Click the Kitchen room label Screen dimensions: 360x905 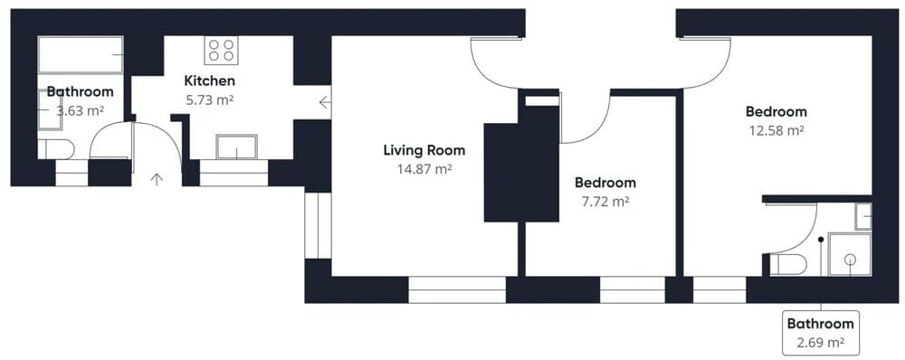point(209,81)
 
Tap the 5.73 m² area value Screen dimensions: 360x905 point(209,100)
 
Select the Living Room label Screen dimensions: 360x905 point(424,150)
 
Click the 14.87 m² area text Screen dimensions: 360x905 point(424,168)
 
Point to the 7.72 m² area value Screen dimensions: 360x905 point(604,202)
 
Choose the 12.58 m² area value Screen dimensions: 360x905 point(776,130)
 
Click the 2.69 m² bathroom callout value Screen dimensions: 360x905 point(820,343)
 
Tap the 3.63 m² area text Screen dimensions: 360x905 point(80,110)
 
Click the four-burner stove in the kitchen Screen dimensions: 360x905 point(221,49)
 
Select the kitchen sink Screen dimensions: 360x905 point(236,147)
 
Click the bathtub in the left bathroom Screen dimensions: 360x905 point(81,55)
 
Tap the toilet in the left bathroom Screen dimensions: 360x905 point(56,148)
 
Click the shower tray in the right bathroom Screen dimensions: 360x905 point(850,254)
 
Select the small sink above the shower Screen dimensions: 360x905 point(862,216)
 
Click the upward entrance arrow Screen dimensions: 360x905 point(157,179)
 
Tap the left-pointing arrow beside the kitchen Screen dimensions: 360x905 point(324,101)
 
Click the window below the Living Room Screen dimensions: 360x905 point(456,289)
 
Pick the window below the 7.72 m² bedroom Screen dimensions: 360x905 point(632,289)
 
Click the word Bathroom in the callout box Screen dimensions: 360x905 point(820,324)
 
